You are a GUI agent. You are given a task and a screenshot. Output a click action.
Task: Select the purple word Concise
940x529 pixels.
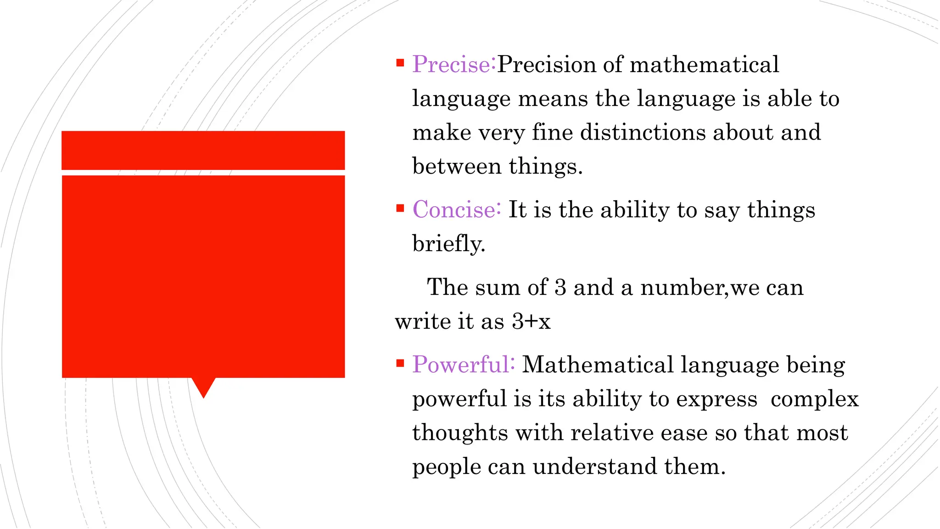[454, 210]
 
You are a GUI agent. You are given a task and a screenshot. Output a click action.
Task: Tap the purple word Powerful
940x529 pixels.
[461, 365]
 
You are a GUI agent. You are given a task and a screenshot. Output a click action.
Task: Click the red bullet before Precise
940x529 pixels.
[400, 63]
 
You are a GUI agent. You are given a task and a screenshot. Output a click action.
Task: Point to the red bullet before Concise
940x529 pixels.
[400, 208]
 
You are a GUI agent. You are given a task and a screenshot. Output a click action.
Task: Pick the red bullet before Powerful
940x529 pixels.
[400, 364]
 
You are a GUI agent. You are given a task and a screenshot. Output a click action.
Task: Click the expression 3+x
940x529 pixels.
[532, 321]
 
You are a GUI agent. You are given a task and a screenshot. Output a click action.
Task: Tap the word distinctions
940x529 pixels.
[643, 133]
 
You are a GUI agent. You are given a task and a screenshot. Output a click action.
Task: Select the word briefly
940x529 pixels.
[448, 244]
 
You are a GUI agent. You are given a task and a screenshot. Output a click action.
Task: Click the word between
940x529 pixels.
[457, 166]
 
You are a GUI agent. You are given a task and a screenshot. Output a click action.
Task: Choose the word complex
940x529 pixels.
[814, 399]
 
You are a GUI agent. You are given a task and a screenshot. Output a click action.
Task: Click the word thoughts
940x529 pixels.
[460, 433]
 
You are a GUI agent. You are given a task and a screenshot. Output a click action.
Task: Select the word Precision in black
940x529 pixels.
[546, 64]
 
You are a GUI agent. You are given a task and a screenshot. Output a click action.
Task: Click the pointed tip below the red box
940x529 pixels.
[203, 394]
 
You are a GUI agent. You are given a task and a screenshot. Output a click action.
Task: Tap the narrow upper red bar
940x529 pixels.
[203, 150]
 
